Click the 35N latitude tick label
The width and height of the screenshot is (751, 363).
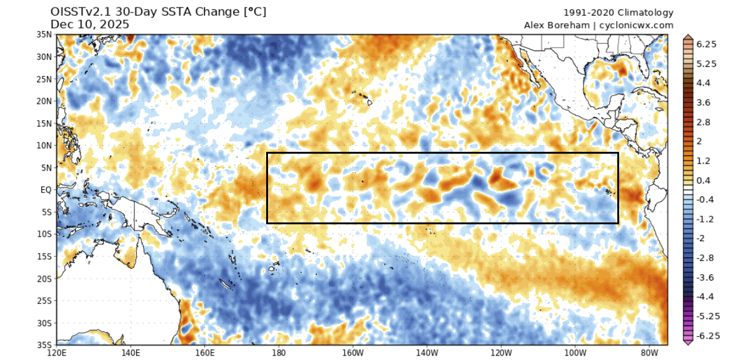point(44,35)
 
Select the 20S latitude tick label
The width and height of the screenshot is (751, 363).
point(44,279)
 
